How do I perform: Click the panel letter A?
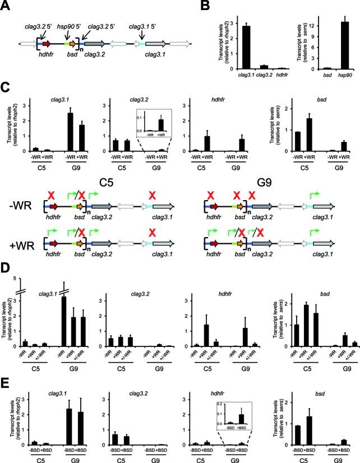click(x=6, y=5)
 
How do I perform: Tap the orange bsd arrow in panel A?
click(x=76, y=43)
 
